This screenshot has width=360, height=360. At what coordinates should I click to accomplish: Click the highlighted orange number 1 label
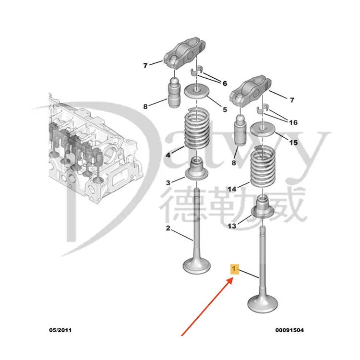(x=234, y=269)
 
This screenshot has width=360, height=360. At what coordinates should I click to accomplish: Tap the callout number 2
(x=168, y=228)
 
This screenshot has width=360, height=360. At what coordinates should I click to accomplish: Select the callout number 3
(x=168, y=183)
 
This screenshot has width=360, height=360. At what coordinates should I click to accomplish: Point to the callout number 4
(x=168, y=155)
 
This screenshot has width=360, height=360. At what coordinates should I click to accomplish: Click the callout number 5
(x=224, y=109)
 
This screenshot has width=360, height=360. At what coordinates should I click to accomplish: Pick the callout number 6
(x=224, y=83)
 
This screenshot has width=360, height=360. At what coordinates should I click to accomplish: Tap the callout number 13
(x=232, y=226)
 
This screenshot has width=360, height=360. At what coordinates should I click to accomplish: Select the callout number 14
(x=232, y=190)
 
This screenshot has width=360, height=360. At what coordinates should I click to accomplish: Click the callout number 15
(x=293, y=143)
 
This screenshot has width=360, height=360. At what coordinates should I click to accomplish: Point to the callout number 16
(x=293, y=122)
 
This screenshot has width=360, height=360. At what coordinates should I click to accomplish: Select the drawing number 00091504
(x=289, y=330)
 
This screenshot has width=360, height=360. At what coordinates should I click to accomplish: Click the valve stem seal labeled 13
(x=263, y=208)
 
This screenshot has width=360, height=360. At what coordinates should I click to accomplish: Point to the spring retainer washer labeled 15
(x=263, y=129)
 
